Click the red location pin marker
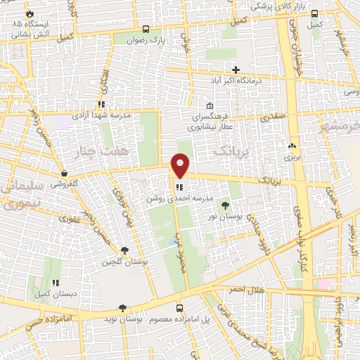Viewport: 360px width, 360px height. click(181, 165)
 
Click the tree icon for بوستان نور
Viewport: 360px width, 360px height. click(225, 205)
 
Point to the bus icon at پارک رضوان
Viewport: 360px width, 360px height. click(146, 30)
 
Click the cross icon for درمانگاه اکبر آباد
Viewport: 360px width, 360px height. click(236, 70)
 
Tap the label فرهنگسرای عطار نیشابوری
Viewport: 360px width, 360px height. click(210, 122)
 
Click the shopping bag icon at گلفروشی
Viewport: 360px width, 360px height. click(64, 173)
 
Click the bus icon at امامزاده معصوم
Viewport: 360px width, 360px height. click(179, 308)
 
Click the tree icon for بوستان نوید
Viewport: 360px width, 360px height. click(123, 308)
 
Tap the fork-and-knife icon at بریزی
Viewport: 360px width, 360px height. click(292, 146)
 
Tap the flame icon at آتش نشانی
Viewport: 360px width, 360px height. click(29, 13)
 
